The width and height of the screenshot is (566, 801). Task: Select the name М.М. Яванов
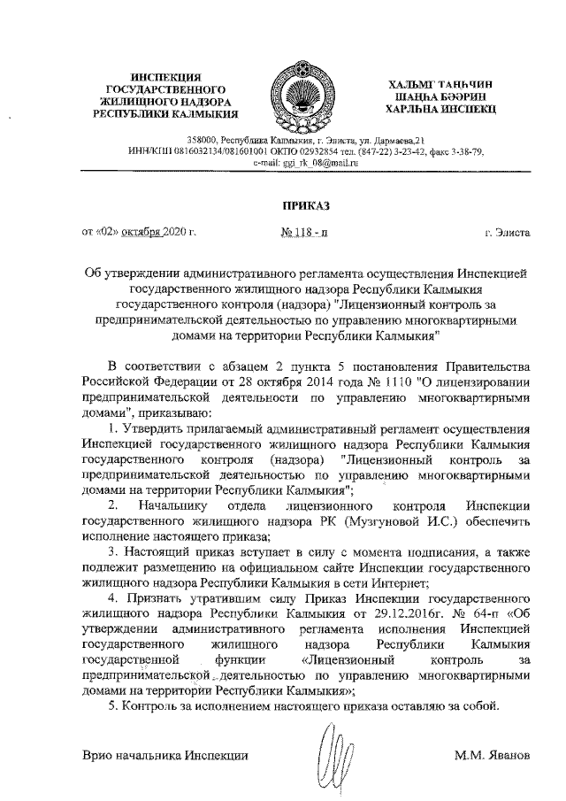(492, 757)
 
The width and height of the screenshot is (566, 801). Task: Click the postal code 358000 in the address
(203, 141)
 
